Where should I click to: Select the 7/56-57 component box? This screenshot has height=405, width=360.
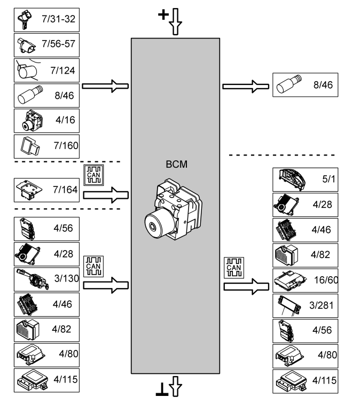(x=46, y=46)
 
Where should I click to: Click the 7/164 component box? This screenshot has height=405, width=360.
(x=46, y=190)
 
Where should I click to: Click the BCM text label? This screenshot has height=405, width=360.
(x=175, y=165)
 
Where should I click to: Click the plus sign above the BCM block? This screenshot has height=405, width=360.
(x=163, y=14)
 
